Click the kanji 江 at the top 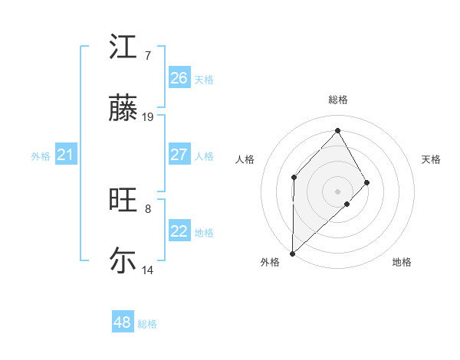(x=123, y=47)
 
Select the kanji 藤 (x=123, y=110)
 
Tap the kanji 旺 (x=123, y=201)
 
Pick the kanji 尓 (x=123, y=260)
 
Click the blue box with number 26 (x=179, y=78)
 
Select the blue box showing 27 (x=179, y=155)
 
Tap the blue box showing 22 (x=179, y=231)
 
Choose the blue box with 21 (x=66, y=155)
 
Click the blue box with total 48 (x=123, y=322)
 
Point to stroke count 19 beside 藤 (x=148, y=117)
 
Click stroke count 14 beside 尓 (x=148, y=270)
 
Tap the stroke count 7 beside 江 (x=147, y=56)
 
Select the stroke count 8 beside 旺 (x=147, y=208)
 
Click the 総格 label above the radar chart (x=338, y=100)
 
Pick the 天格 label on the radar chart (x=431, y=159)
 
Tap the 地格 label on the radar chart (x=402, y=262)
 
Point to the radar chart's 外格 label (x=270, y=262)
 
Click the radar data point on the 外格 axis (x=292, y=253)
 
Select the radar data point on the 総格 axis (x=337, y=130)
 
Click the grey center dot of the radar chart (x=337, y=191)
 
